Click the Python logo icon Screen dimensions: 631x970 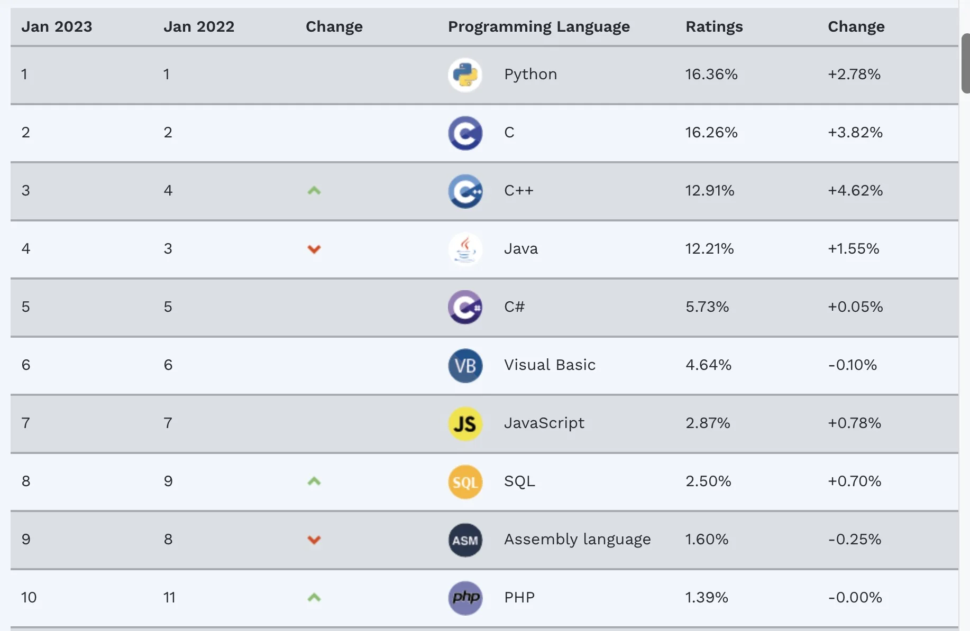coord(465,75)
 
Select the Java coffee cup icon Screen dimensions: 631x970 coord(465,249)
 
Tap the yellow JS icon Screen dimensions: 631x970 coord(465,423)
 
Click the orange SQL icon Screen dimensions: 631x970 coord(465,481)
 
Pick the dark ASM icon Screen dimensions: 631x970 coord(465,540)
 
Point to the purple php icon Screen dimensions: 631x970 coord(465,598)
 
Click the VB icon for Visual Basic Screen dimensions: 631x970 coord(465,365)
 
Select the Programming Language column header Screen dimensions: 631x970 coord(538,26)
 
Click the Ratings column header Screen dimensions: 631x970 coord(714,26)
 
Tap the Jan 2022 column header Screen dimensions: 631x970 coord(198,26)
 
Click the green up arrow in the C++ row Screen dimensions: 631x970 coord(314,190)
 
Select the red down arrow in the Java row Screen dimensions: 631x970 coord(314,249)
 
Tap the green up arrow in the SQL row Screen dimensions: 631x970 coord(314,481)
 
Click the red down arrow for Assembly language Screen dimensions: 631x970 coord(314,540)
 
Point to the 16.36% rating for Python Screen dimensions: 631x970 coord(711,74)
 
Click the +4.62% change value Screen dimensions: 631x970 coord(855,190)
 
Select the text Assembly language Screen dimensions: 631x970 coord(577,539)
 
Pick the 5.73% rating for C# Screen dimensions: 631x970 coord(707,307)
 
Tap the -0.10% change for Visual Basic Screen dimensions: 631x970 coord(852,365)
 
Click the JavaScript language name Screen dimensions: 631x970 coord(544,423)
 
